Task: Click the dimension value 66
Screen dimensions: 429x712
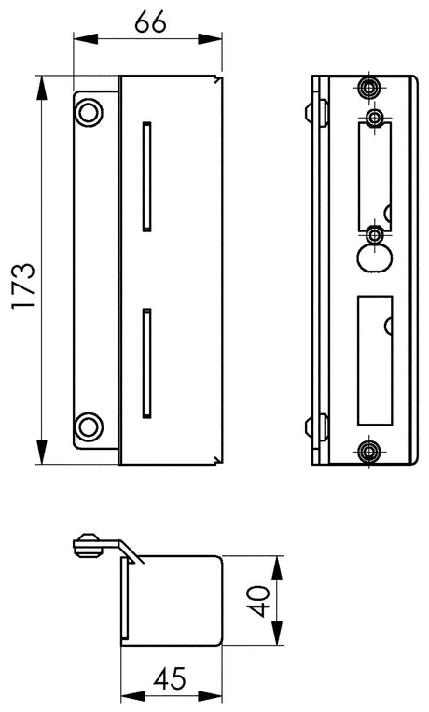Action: click(x=150, y=22)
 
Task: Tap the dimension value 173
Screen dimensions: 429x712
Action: click(x=23, y=286)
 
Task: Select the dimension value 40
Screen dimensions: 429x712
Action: click(x=260, y=601)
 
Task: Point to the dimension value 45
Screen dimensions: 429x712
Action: click(x=170, y=678)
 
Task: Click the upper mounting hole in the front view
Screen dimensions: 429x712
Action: click(x=89, y=111)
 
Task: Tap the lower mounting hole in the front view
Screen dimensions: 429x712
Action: click(x=89, y=426)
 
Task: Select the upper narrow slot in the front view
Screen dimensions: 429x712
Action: click(x=146, y=176)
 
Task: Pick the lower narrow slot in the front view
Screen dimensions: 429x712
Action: click(x=146, y=363)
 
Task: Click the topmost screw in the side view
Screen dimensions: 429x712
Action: click(x=368, y=87)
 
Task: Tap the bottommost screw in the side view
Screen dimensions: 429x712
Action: click(x=368, y=451)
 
